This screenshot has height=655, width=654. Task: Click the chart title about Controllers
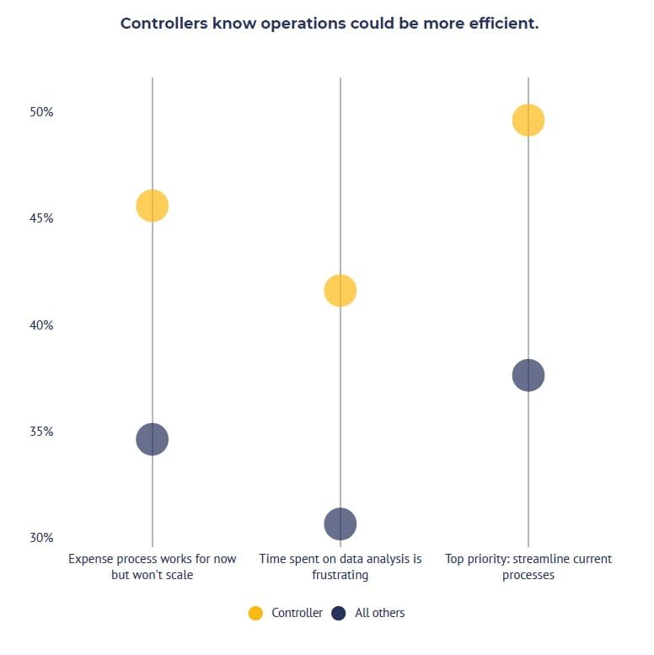pyautogui.click(x=329, y=24)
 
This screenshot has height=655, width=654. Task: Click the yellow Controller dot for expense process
pyautogui.click(x=152, y=206)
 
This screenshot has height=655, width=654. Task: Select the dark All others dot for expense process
pyautogui.click(x=152, y=439)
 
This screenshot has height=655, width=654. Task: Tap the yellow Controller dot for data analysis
pyautogui.click(x=340, y=291)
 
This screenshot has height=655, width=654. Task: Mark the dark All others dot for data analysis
pyautogui.click(x=340, y=524)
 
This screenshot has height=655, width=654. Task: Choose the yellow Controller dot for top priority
pyautogui.click(x=528, y=121)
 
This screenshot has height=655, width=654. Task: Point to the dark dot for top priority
pyautogui.click(x=528, y=375)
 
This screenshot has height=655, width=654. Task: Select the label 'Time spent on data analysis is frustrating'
pyautogui.click(x=340, y=566)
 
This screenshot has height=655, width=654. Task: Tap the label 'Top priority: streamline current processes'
pyautogui.click(x=528, y=566)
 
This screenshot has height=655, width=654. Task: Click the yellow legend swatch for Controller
pyautogui.click(x=255, y=614)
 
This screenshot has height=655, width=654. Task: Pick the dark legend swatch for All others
pyautogui.click(x=339, y=614)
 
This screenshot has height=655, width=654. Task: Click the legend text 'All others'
pyautogui.click(x=379, y=614)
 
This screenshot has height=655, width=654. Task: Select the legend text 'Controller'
pyautogui.click(x=297, y=614)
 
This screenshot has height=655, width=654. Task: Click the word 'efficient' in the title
pyautogui.click(x=501, y=24)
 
